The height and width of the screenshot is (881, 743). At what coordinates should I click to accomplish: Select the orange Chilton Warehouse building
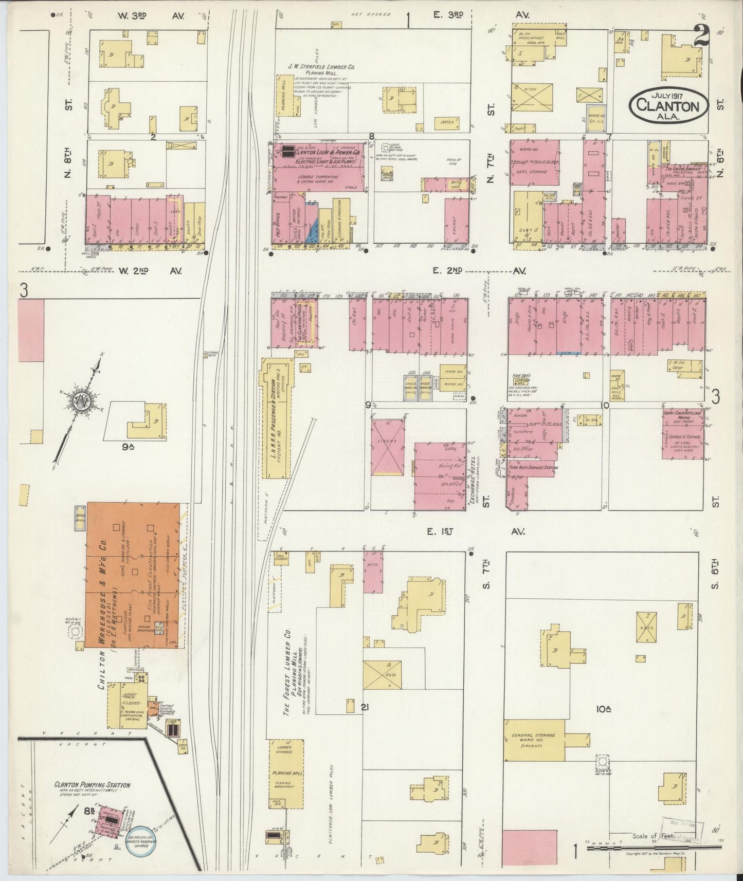[134, 575]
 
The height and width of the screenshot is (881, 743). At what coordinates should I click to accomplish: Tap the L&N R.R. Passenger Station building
[274, 418]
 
